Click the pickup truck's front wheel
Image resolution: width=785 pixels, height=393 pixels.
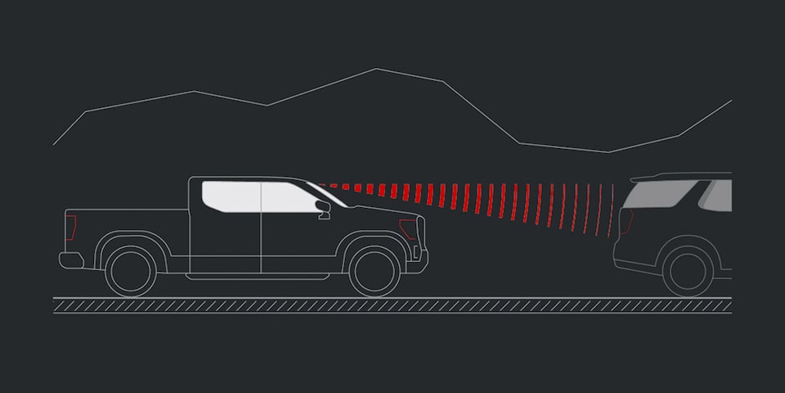375,271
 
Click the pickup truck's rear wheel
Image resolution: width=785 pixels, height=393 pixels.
131,271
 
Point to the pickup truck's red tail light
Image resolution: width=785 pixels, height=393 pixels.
71,227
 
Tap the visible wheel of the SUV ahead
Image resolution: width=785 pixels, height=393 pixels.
687,271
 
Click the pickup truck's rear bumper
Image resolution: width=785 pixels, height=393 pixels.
71,260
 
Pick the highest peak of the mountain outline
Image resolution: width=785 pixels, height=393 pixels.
376,70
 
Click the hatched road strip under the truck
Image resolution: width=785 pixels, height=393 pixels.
392,305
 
